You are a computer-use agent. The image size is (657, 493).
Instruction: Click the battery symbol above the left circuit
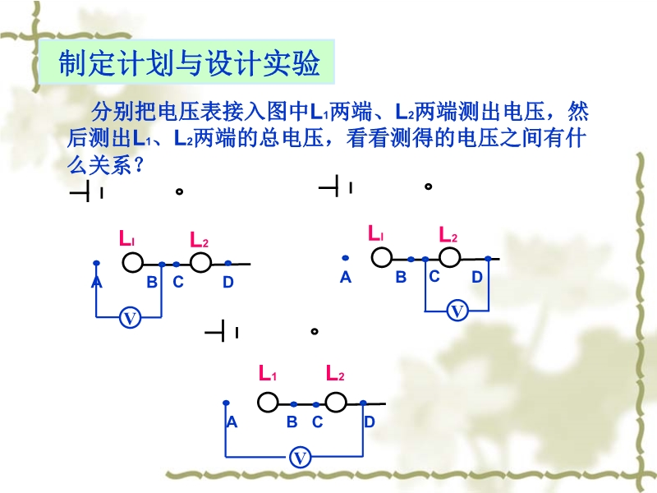[x=86, y=192]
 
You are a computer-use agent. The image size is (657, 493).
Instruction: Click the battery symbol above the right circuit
[x=335, y=187]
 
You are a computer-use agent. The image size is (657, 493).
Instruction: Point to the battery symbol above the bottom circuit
[x=221, y=332]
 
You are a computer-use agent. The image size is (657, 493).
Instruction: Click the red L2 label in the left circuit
[x=199, y=239]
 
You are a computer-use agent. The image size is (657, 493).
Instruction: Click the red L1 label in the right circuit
[x=375, y=233]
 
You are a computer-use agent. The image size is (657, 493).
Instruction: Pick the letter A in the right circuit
[x=345, y=277]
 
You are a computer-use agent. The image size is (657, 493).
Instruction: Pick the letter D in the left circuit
[x=228, y=282]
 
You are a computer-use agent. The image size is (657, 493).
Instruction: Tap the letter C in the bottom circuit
[x=317, y=422]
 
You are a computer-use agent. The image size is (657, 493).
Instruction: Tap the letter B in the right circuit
[x=401, y=277]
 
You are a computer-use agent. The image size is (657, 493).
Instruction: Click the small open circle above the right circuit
[x=428, y=187]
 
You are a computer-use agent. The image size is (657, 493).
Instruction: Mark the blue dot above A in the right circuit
[x=345, y=258]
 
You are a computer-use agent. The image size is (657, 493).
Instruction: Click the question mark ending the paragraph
[x=138, y=166]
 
